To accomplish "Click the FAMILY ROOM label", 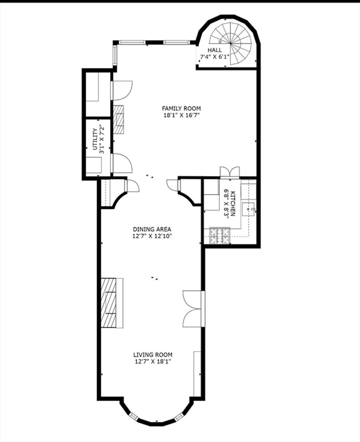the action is (x=181, y=108).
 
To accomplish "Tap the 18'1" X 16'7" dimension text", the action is (x=181, y=115).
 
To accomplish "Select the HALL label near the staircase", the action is (x=215, y=50).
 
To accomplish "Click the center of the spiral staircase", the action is (x=231, y=43).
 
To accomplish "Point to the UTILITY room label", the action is (x=95, y=139).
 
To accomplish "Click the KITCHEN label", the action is (x=233, y=203).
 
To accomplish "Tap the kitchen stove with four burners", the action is (x=220, y=235).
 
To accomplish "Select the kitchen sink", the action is (x=249, y=209).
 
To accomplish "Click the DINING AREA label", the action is (x=152, y=229).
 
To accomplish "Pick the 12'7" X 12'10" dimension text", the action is (x=152, y=236).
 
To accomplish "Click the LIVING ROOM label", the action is (x=153, y=355).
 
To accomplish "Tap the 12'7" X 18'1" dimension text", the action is (x=153, y=362).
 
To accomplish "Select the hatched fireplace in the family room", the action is (x=118, y=119).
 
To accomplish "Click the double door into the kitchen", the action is (x=230, y=172).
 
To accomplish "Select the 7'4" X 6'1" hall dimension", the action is (x=215, y=57).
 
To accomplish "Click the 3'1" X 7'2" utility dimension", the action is (x=102, y=139).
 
